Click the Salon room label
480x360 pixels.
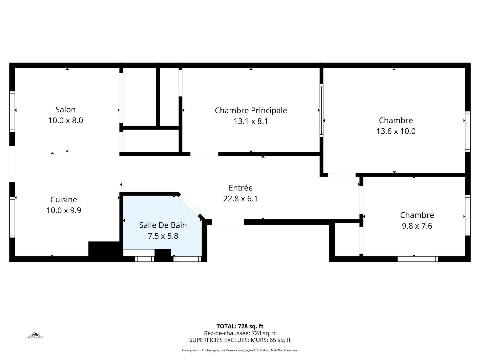pyautogui.click(x=65, y=110)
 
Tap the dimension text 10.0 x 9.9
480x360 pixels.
pyautogui.click(x=64, y=210)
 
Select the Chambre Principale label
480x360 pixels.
pyautogui.click(x=251, y=110)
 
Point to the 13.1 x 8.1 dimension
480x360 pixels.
pyautogui.click(x=251, y=121)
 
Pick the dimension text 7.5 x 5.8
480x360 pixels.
pyautogui.click(x=163, y=236)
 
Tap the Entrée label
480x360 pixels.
pyautogui.click(x=241, y=188)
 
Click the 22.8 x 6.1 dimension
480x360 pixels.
pyautogui.click(x=241, y=199)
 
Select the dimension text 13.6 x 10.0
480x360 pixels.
pyautogui.click(x=396, y=131)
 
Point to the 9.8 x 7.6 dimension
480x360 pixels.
pyautogui.click(x=417, y=226)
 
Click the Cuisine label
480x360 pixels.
pyautogui.click(x=64, y=200)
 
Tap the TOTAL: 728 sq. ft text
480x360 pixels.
pyautogui.click(x=240, y=326)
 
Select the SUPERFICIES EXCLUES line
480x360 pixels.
pyautogui.click(x=240, y=340)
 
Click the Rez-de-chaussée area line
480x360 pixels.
pyautogui.click(x=240, y=333)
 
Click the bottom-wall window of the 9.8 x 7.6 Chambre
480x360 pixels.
pyautogui.click(x=418, y=259)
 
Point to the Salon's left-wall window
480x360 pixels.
pyautogui.click(x=12, y=111)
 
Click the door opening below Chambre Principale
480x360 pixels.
pyautogui.click(x=204, y=154)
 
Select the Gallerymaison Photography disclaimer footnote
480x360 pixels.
pyautogui.click(x=240, y=350)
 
